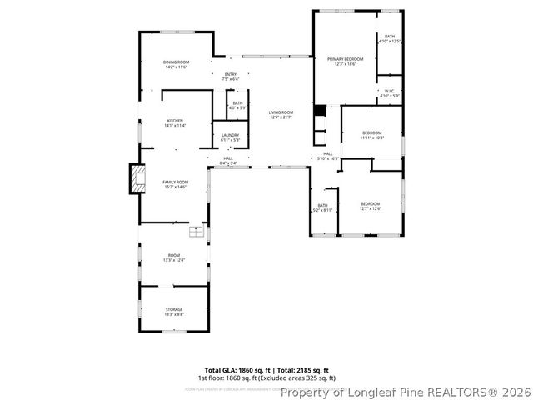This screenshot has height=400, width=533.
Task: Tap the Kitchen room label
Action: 176,122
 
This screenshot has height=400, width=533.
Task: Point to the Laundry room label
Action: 230,137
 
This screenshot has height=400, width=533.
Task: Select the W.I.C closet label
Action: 390,92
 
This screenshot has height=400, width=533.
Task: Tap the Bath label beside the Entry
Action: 238,105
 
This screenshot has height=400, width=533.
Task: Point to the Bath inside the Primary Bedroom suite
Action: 390,38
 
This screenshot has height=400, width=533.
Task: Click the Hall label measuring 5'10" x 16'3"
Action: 327,155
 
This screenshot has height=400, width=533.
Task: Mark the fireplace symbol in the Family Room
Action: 136,178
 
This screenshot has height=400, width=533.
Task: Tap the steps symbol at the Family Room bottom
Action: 196,231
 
